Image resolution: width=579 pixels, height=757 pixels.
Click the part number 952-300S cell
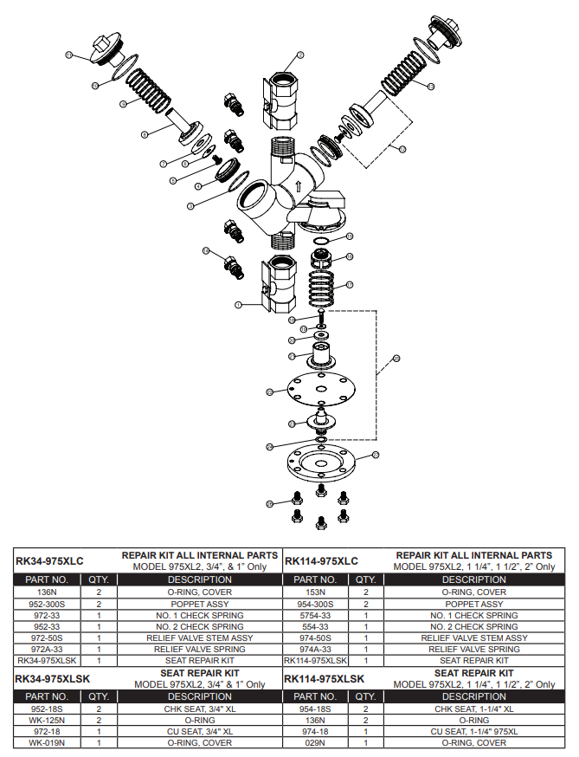point(47,604)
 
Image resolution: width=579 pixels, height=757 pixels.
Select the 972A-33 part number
point(47,649)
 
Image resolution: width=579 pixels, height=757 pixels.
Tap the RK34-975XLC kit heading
point(50,561)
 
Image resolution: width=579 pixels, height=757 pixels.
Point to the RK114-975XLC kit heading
point(321,561)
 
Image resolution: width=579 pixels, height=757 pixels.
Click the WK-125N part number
point(47,720)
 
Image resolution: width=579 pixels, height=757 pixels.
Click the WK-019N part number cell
point(47,742)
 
